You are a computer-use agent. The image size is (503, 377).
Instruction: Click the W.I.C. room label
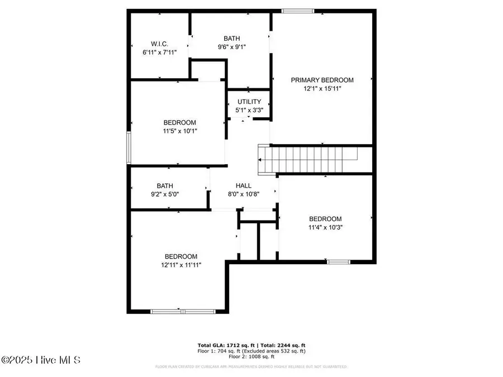(159, 44)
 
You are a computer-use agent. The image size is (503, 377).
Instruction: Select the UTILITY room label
(249, 102)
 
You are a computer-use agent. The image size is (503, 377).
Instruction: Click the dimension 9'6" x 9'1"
(232, 47)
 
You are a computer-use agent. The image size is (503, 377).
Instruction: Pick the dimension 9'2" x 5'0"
(164, 194)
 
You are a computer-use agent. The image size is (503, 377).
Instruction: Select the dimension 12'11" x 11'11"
(181, 265)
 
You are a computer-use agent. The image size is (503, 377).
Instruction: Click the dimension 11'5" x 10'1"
(179, 131)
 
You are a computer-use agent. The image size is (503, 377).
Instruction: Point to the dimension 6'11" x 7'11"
(159, 52)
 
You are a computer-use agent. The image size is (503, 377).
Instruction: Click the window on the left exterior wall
(129, 147)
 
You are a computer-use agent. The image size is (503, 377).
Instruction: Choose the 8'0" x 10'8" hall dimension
(243, 194)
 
